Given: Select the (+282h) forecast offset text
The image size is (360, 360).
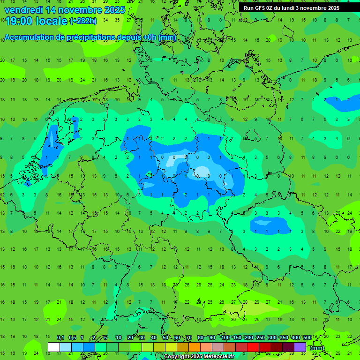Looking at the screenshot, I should pos(83,21).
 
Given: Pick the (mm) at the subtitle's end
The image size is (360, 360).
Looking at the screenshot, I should pos(167,37).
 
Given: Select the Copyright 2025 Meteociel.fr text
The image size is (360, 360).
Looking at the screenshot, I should pos(200,357).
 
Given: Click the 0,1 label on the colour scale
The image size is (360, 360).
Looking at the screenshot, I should pos(60,338).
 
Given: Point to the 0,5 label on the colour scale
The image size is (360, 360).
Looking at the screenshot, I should pos(72,338).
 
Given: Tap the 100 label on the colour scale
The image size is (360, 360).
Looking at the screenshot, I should pos(225,338).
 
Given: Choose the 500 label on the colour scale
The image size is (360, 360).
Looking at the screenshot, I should pos(307,338).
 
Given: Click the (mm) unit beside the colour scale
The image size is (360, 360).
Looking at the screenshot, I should pos(317,348).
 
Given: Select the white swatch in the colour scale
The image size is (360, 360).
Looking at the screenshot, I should pos(54,347).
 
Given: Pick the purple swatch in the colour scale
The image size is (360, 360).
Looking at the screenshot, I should pos(300,347).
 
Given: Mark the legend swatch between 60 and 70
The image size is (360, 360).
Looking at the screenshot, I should pos(183,347).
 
